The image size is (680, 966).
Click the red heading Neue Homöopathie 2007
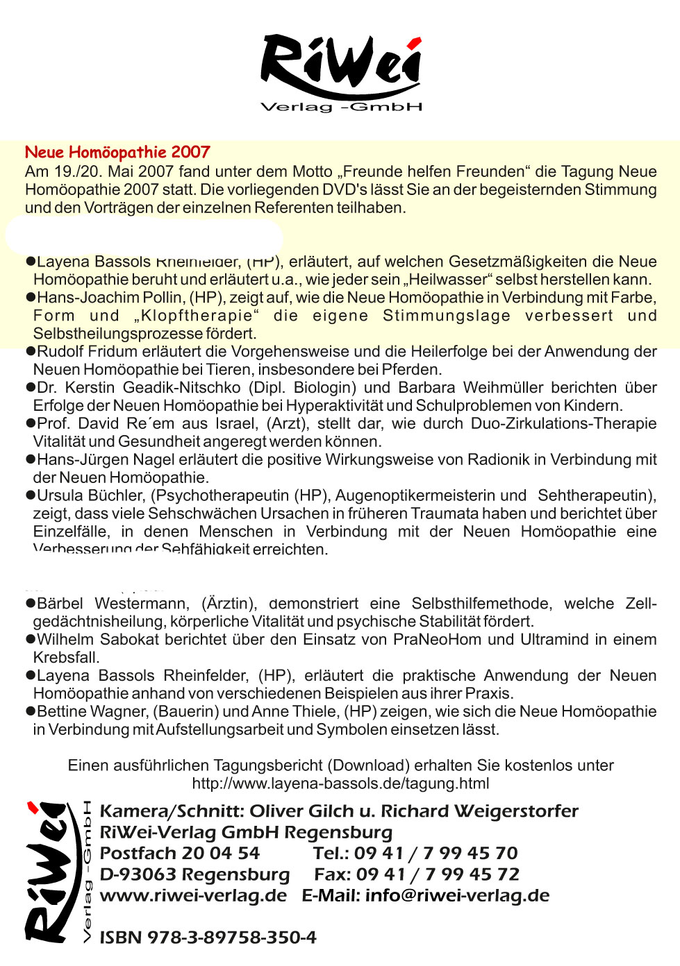coord(117,152)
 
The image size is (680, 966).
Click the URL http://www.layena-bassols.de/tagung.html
coord(340,783)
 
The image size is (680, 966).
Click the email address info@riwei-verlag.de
coord(457,895)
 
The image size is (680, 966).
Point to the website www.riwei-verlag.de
coord(193,895)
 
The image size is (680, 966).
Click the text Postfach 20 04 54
coord(179,853)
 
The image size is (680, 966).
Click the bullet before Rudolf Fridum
coord(30,351)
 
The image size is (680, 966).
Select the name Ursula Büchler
coord(90,495)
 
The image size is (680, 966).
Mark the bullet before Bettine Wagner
coord(30,711)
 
